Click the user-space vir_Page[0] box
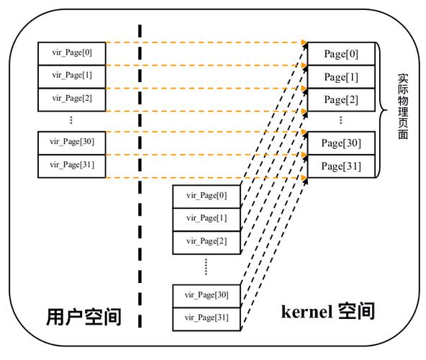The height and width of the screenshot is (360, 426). [72, 53]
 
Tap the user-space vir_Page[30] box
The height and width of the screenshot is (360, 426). [72, 142]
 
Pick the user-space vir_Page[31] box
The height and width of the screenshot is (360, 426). [72, 166]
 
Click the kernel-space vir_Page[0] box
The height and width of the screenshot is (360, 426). [206, 195]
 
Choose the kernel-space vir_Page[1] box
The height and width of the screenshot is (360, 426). [206, 218]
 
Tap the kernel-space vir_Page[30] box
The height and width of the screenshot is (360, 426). [206, 295]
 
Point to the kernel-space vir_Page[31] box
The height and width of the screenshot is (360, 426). [206, 318]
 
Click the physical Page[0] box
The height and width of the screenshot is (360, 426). [340, 54]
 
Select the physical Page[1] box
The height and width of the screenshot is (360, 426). [340, 77]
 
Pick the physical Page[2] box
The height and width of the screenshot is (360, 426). [340, 99]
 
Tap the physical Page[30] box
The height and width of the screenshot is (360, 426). [340, 143]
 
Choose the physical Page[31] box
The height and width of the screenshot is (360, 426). [340, 166]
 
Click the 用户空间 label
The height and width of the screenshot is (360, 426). [83, 317]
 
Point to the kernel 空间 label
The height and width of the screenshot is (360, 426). [327, 311]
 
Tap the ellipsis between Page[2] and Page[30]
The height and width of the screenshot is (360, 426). [340, 120]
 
